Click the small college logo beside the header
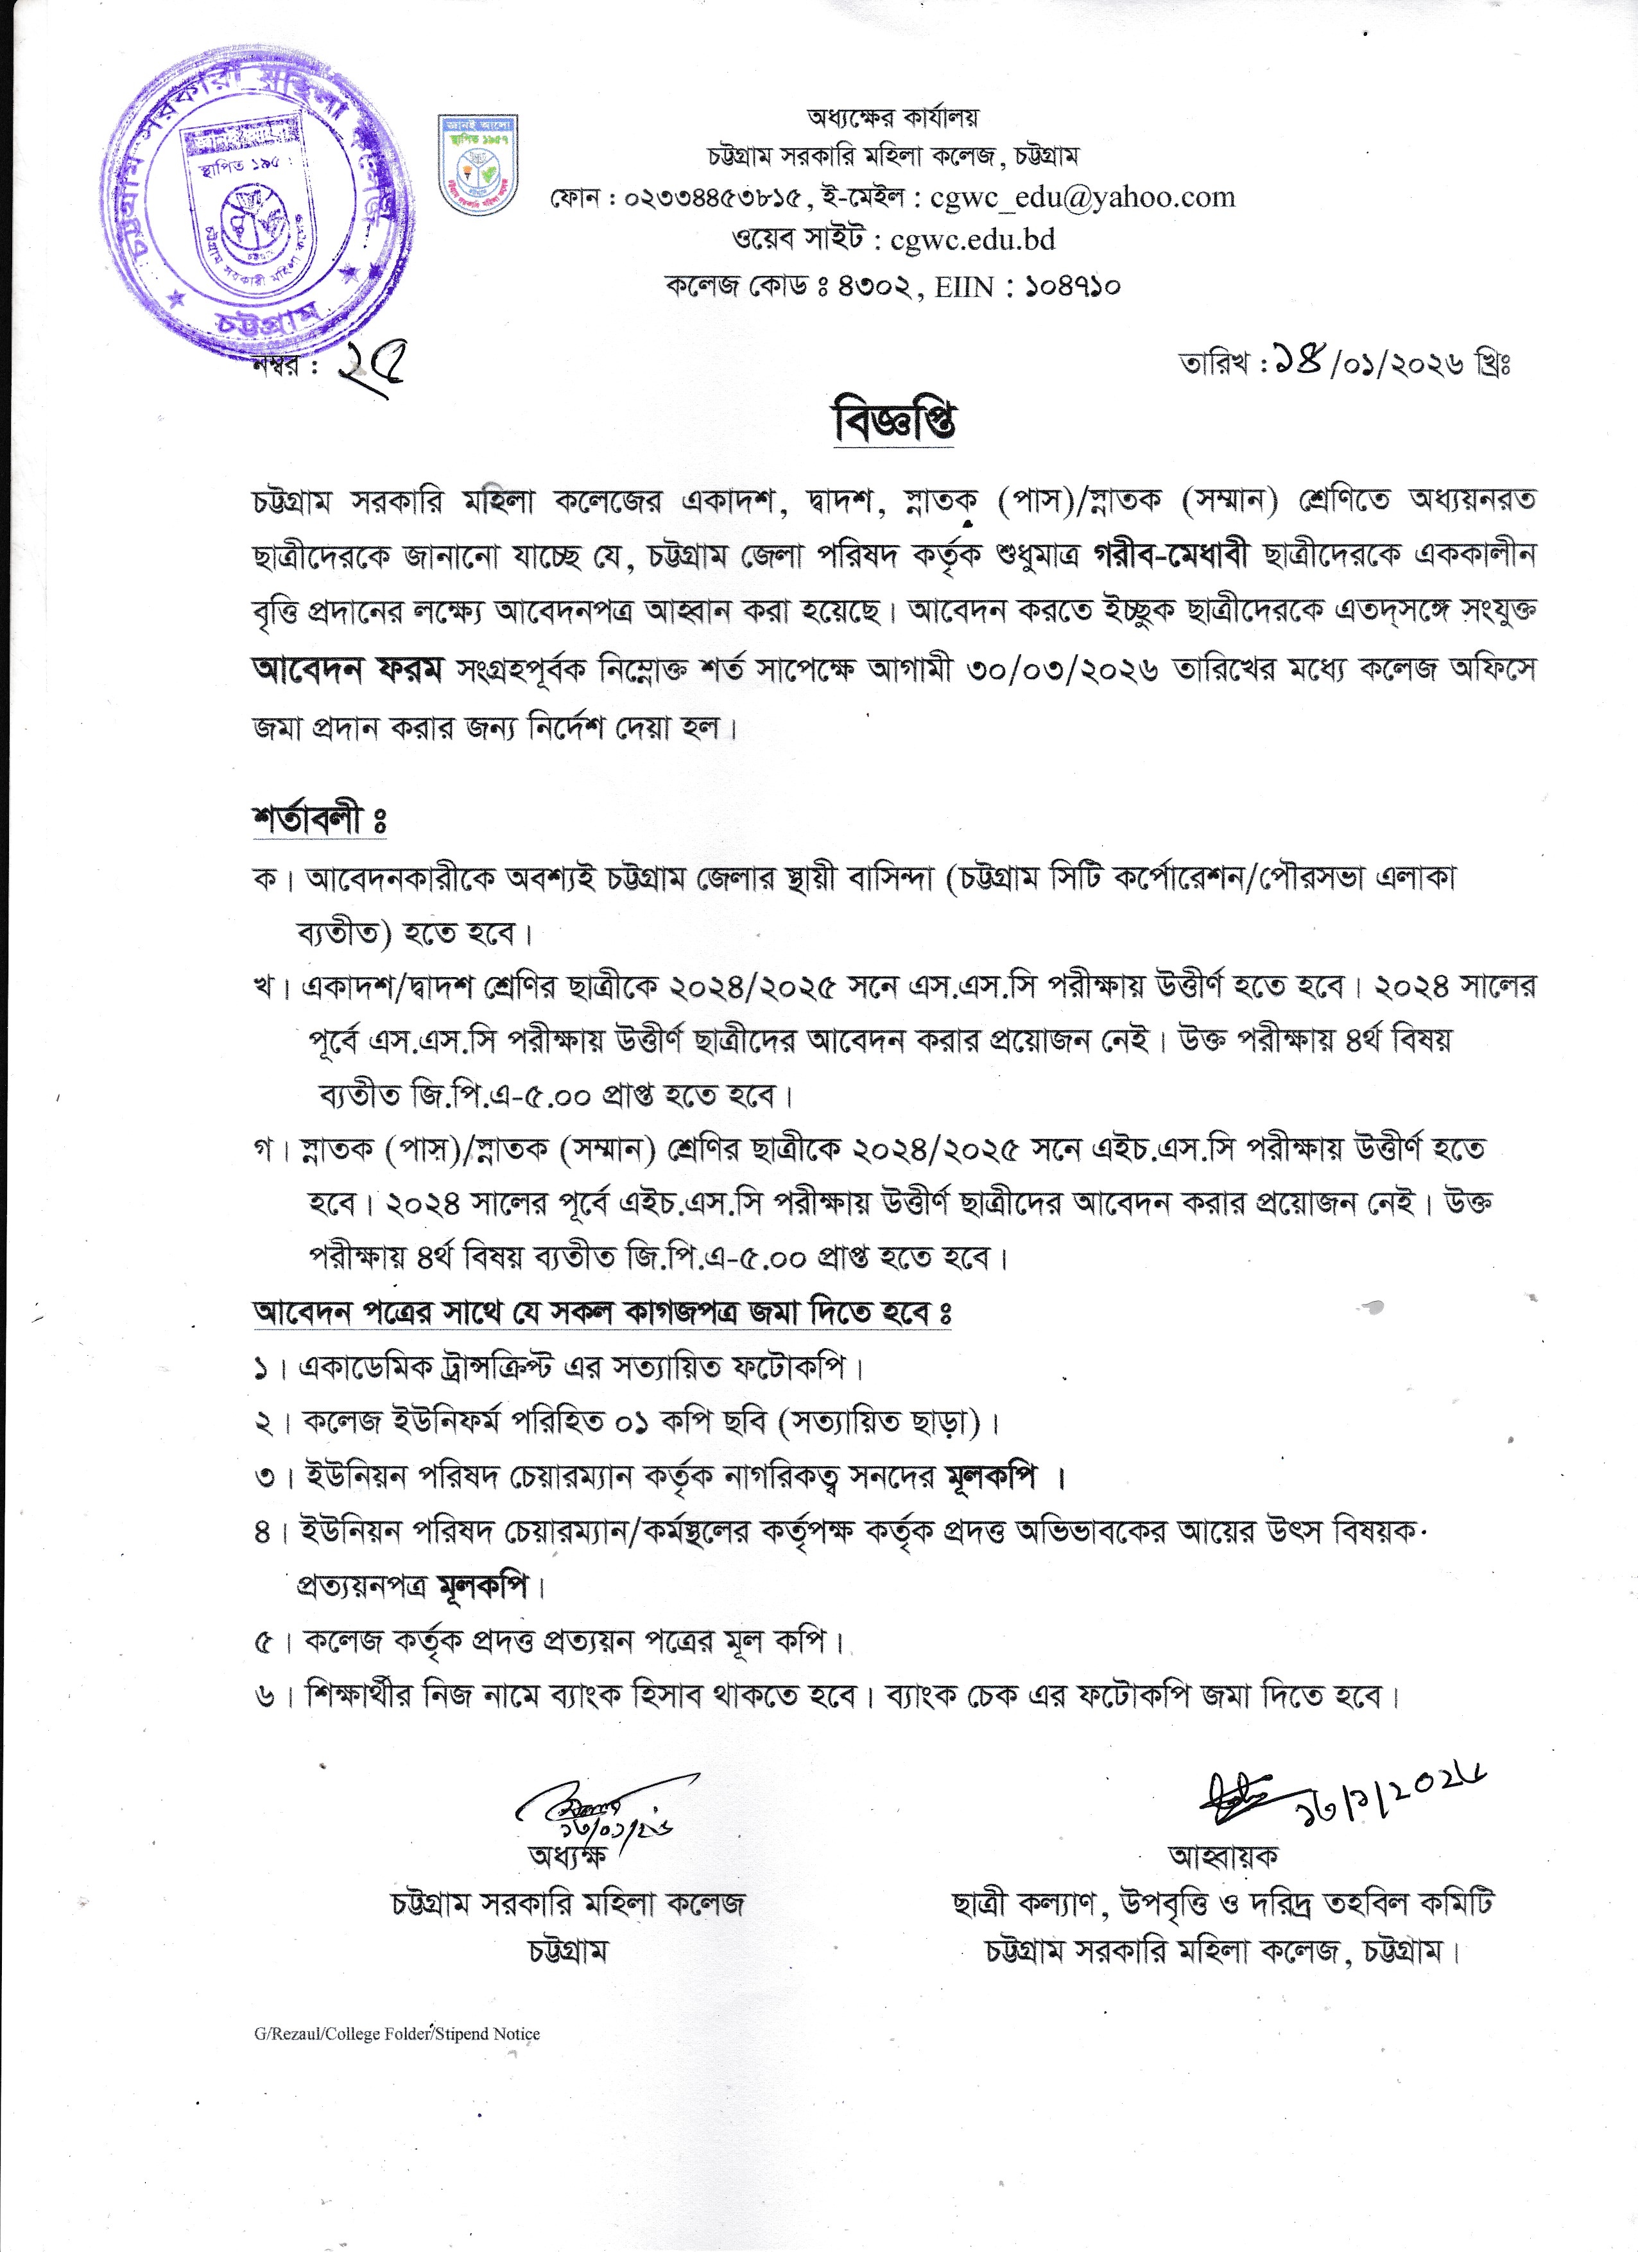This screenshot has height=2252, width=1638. (x=478, y=166)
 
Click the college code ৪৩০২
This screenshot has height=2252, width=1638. (x=874, y=287)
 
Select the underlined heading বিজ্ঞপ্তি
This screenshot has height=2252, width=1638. (x=893, y=422)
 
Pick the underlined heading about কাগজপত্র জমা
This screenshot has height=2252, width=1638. (x=601, y=1313)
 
